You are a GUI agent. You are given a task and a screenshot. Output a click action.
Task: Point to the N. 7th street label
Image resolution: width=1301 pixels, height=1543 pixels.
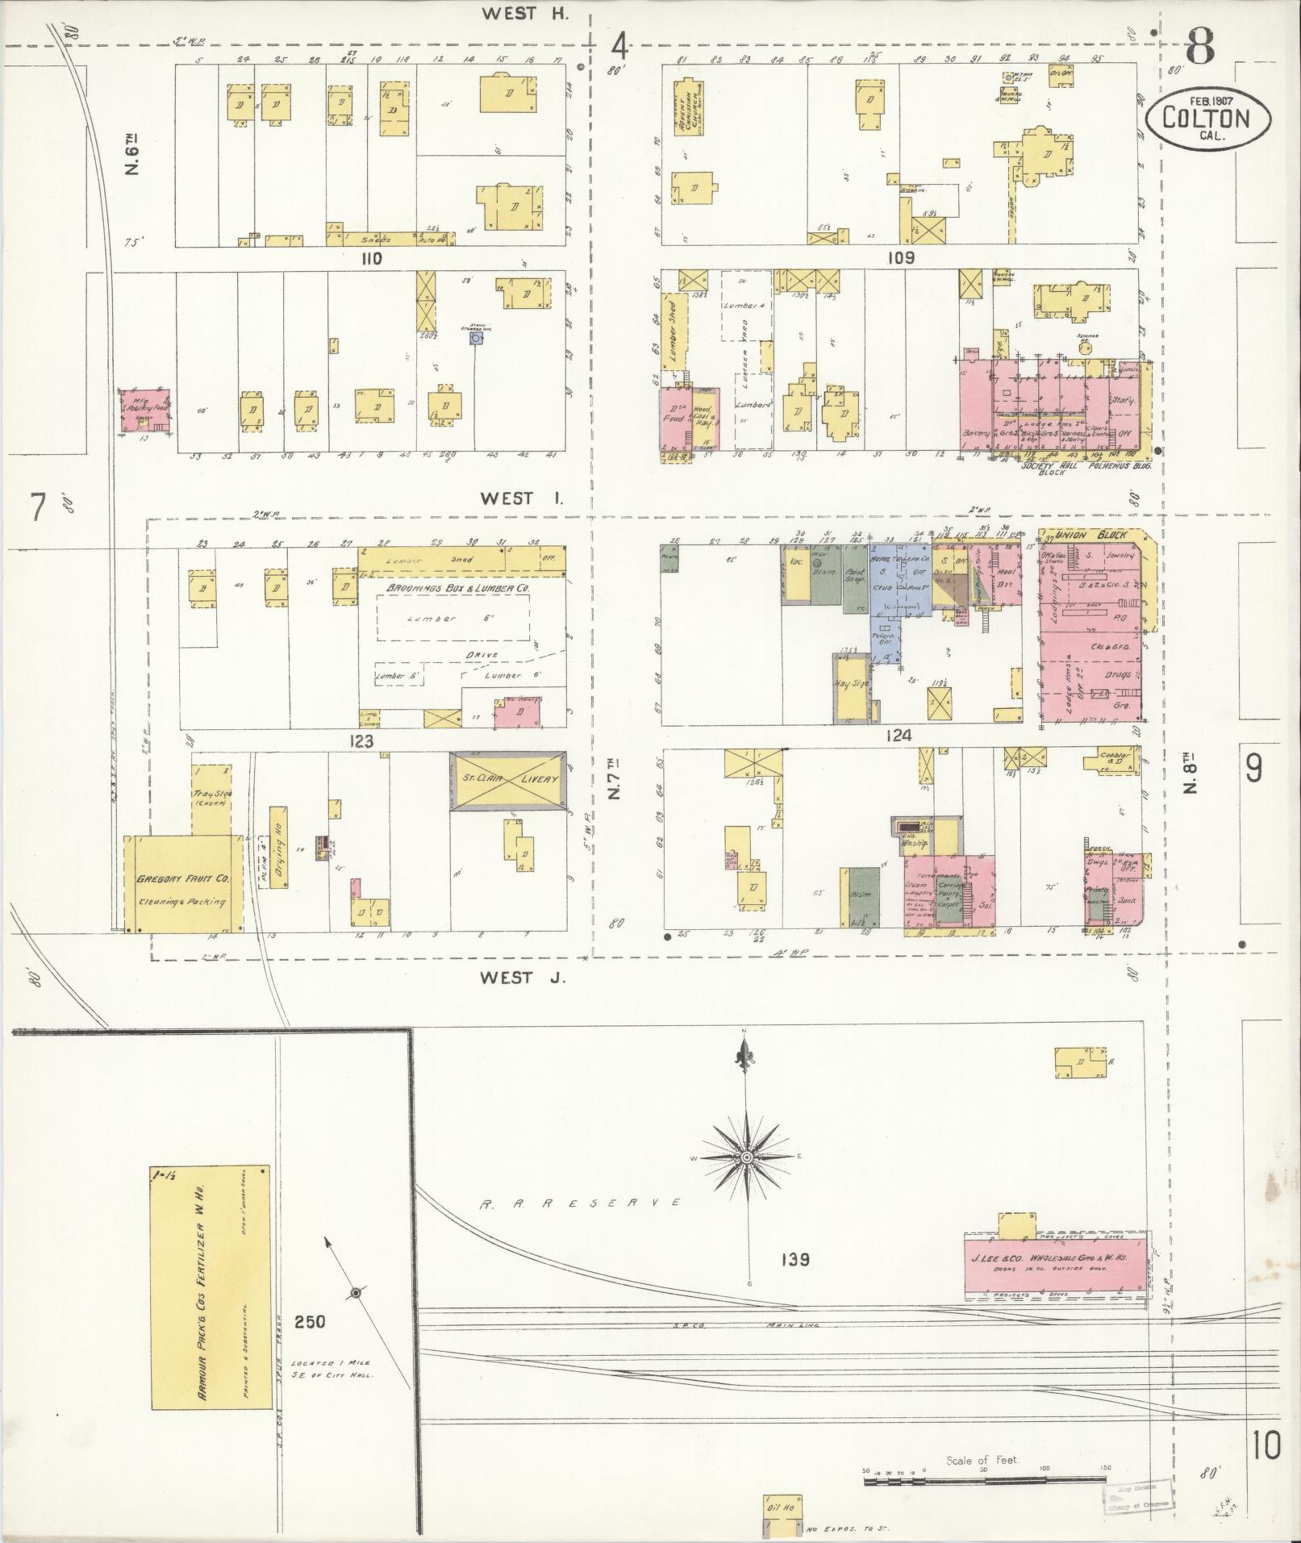[x=615, y=782]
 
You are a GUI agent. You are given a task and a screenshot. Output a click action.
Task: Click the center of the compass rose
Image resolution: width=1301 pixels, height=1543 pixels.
[x=747, y=1157]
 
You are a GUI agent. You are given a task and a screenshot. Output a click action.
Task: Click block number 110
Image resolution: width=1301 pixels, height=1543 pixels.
[x=371, y=259]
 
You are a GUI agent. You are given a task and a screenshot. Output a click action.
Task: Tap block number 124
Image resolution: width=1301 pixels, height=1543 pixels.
[x=898, y=735]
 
